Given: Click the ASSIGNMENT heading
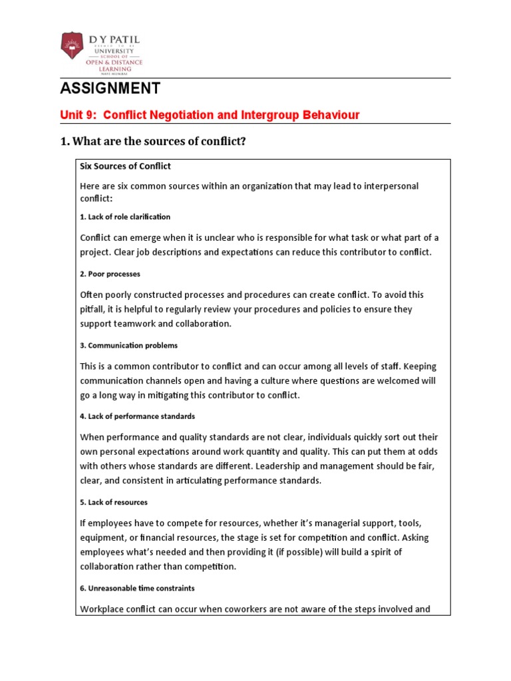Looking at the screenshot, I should [x=110, y=88].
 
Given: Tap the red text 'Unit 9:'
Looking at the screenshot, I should [x=79, y=115].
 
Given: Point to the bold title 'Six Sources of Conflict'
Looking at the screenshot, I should [x=125, y=166].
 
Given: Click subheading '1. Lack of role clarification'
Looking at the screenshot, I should [x=125, y=217].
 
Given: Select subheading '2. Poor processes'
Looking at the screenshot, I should [x=110, y=274].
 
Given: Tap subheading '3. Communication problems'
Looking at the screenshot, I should [x=128, y=346].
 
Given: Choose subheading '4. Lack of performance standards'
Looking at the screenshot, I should [x=137, y=416].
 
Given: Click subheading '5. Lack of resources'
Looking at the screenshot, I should [x=114, y=502].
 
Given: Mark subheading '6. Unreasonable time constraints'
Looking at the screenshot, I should [x=137, y=589].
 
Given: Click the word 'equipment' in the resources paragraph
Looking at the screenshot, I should [x=102, y=538].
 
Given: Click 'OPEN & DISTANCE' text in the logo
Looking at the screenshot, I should [x=113, y=62].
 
